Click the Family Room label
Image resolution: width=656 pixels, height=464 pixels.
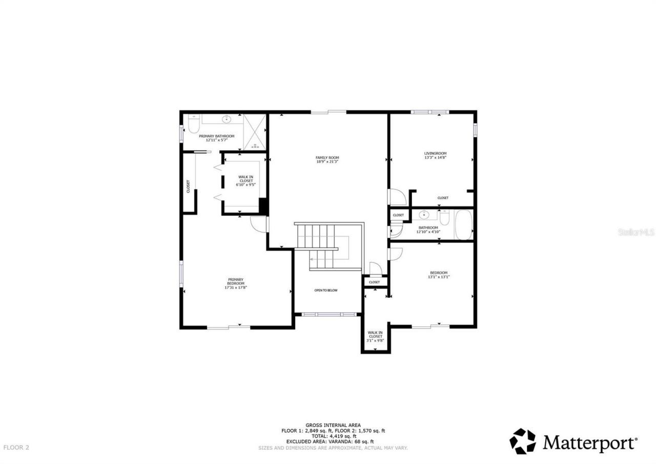pos(327,158)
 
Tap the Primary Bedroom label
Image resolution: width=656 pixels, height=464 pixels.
pos(236,281)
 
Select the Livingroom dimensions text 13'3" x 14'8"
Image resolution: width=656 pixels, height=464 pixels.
pos(435,158)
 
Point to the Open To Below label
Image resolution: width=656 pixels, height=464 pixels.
pos(326,291)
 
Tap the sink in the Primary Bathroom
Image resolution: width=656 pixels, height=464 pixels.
pos(226,120)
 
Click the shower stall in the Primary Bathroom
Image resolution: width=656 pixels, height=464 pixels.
pos(255,132)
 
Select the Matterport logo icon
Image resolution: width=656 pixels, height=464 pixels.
pos(522,441)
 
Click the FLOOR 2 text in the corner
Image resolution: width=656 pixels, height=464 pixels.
pos(16,448)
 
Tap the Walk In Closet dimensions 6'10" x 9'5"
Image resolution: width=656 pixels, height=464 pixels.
pos(245,185)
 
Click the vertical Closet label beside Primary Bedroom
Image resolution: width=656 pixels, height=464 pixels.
pos(188,186)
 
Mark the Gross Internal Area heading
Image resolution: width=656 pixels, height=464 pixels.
pos(333,425)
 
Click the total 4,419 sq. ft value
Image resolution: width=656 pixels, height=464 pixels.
pos(333,436)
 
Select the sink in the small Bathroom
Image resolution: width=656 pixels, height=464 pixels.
pos(423,215)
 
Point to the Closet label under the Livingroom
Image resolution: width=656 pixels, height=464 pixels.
pos(443,198)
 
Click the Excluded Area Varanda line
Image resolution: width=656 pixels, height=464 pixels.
pos(330,442)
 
